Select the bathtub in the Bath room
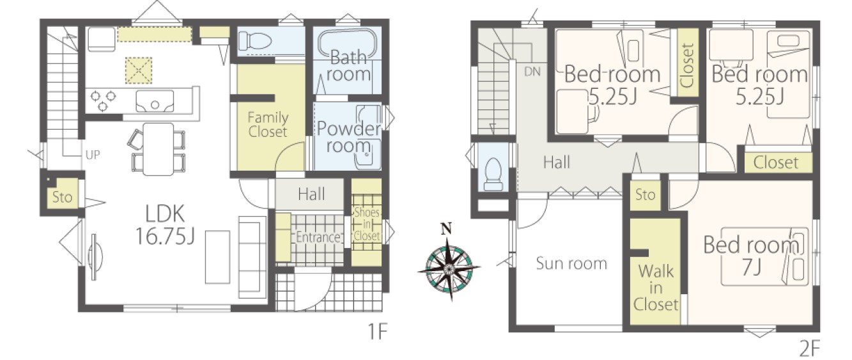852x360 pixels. (x=347, y=45)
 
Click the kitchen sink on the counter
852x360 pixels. (x=155, y=101)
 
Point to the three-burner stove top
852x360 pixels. (x=103, y=100)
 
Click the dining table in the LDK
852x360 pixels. (x=159, y=149)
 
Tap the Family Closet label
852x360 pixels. (x=268, y=125)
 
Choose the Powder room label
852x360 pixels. (x=349, y=137)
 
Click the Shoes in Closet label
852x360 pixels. (x=366, y=224)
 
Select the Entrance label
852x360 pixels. (x=318, y=237)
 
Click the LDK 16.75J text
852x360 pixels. (x=165, y=224)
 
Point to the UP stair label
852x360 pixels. (x=93, y=155)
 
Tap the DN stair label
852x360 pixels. (x=532, y=72)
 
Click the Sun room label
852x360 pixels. (x=571, y=263)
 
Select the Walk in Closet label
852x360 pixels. (x=656, y=288)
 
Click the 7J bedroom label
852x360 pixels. (x=751, y=256)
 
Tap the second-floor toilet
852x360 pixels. (x=493, y=174)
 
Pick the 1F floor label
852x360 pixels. (x=377, y=331)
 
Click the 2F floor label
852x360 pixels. (x=809, y=347)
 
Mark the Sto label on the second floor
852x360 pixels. (x=645, y=195)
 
